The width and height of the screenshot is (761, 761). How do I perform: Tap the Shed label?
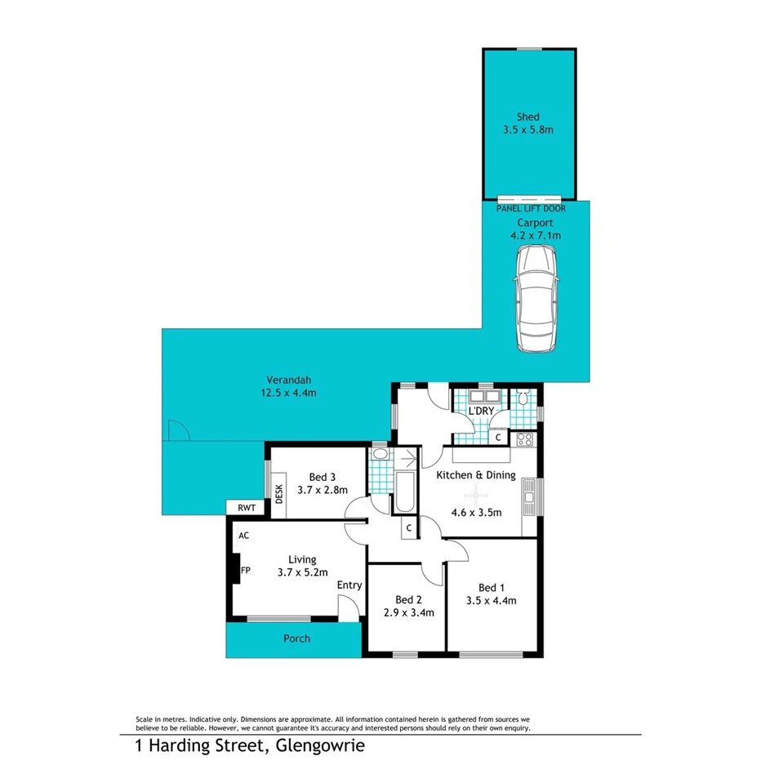(x=527, y=116)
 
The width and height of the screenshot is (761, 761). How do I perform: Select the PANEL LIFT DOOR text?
(x=531, y=209)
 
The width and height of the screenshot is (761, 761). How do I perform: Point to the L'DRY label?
(x=481, y=411)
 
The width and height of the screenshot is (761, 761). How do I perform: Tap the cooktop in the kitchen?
(x=525, y=439)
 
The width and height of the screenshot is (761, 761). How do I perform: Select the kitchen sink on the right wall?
(x=530, y=497)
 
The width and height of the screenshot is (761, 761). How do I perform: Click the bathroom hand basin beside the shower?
(x=380, y=454)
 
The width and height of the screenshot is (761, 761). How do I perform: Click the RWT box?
(x=246, y=508)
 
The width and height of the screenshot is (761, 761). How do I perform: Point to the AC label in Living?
(x=243, y=536)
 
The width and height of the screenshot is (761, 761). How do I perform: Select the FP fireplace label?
(x=245, y=570)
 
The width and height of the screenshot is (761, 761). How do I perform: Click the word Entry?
(x=349, y=585)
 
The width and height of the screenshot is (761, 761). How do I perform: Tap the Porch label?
(x=296, y=639)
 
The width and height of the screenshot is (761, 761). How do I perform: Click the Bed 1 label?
(x=491, y=588)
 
